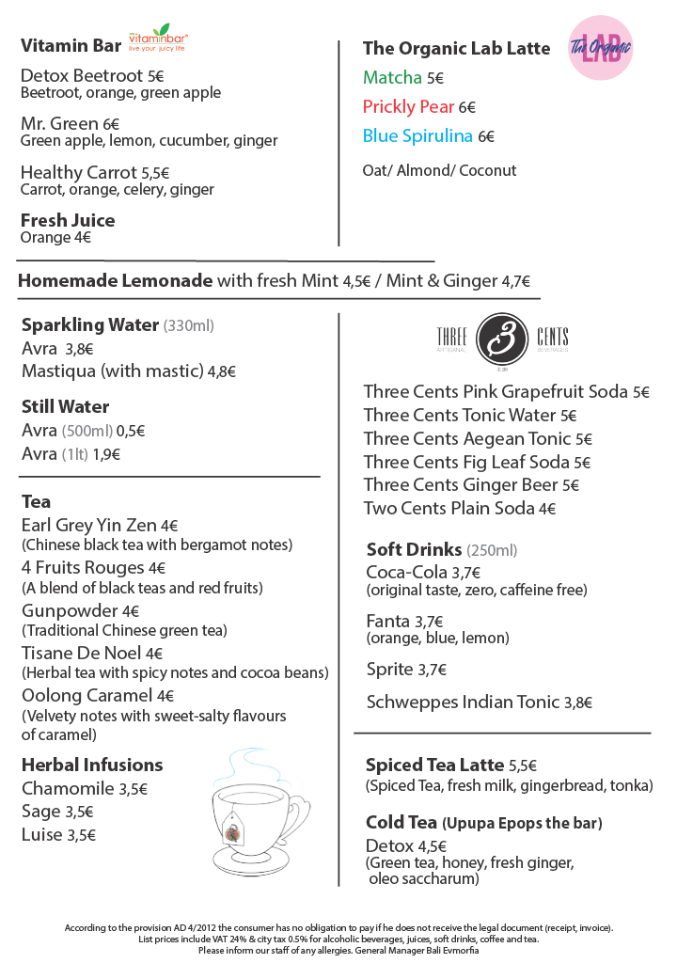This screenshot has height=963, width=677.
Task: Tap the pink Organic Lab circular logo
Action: pos(601,46)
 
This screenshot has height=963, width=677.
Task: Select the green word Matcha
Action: pos(392,78)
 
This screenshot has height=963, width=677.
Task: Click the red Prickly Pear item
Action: pos(408,107)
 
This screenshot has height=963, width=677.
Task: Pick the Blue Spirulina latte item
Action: pos(417,136)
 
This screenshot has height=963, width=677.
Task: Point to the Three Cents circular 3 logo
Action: pos(502,338)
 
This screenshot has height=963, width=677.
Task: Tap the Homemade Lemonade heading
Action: pos(116,280)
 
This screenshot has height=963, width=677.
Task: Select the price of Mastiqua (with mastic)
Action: pos(222,371)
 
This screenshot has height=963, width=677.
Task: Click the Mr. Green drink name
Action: pos(60,124)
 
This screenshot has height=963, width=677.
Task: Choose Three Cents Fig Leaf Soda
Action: pos(467,462)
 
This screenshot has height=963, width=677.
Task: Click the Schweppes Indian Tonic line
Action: pos(464,703)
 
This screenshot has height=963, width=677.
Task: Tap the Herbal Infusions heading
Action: pos(92,765)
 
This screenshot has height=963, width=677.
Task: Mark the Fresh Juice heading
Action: pos(68,220)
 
